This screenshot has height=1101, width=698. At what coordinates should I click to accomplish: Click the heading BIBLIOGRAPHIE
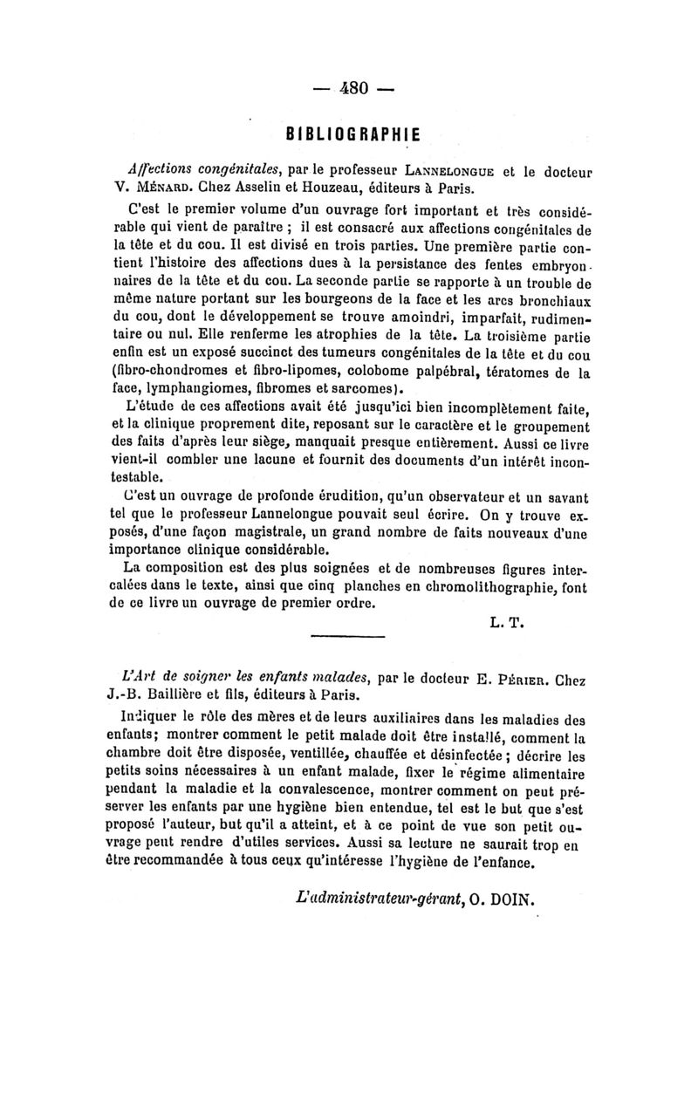click(x=354, y=134)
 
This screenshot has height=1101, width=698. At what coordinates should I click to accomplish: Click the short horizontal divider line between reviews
click(x=348, y=635)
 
